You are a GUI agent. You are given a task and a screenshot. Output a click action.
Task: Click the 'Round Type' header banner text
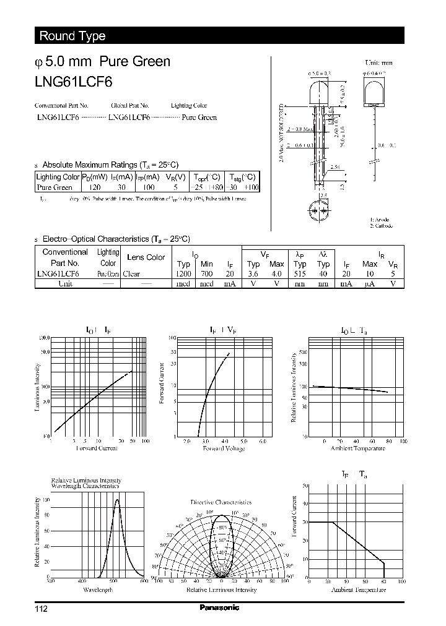72,36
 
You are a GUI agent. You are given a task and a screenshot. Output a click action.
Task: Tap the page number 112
41,609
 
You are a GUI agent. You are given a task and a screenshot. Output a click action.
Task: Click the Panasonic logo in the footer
219,608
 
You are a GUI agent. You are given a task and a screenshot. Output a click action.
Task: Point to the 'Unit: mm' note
378,62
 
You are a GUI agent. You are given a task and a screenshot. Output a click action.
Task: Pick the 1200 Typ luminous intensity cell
183,273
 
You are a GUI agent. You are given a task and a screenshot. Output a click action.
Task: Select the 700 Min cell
206,273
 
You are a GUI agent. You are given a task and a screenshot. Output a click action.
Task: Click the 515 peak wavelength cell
300,273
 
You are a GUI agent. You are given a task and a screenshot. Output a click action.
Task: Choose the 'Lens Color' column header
146,257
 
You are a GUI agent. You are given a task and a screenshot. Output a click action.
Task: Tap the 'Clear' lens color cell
131,273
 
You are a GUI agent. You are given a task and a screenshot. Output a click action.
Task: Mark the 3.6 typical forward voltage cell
253,273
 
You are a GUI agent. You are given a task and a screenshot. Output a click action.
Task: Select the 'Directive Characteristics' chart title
221,502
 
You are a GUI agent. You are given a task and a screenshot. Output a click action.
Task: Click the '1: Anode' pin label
380,219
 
